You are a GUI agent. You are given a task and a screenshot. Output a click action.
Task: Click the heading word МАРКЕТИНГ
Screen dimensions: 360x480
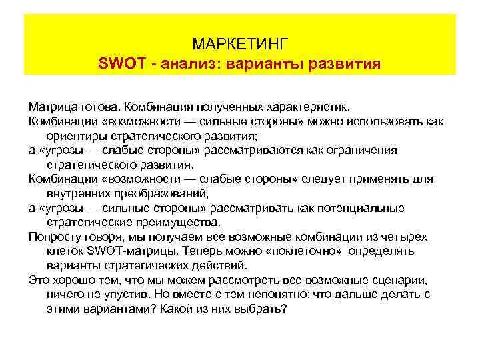coord(240,45)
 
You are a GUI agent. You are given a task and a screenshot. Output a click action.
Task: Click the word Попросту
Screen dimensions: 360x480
coord(53,237)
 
